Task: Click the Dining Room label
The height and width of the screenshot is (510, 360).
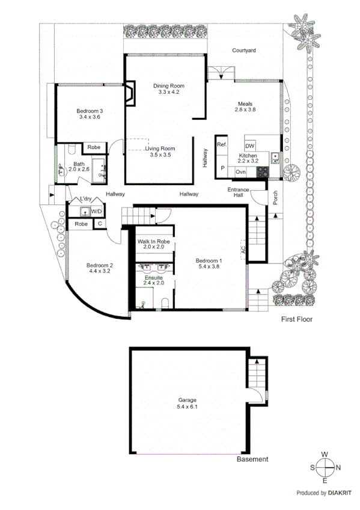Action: coord(168,86)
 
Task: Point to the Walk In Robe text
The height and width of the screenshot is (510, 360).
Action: coord(154,241)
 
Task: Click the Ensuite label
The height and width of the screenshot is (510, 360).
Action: coord(153,276)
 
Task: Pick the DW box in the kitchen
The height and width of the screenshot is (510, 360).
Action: coord(250,146)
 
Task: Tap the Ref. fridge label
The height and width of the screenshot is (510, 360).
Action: coord(221,145)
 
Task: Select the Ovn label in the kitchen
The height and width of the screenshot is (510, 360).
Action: coord(240,172)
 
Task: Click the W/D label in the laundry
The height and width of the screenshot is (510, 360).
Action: coord(96,211)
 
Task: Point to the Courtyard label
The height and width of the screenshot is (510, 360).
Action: coord(244,51)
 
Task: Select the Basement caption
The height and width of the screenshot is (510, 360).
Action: coord(252,459)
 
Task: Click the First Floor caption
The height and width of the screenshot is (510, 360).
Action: coord(297,319)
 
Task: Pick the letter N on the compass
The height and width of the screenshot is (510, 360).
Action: coord(338,467)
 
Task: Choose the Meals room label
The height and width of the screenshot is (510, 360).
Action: coord(245,103)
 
